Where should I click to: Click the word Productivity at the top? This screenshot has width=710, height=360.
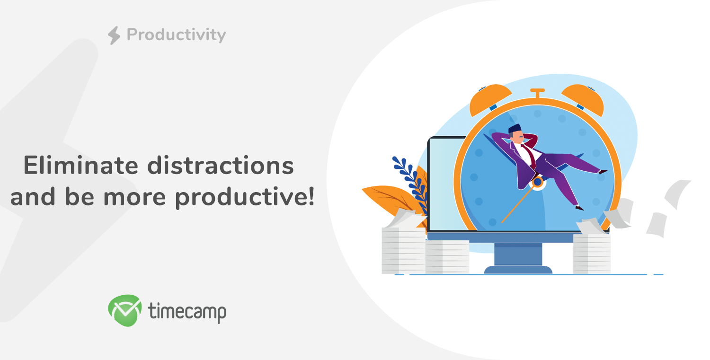click(176, 35)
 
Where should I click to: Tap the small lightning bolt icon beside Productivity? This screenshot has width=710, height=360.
click(114, 35)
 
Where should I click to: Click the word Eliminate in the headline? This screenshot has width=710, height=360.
click(81, 166)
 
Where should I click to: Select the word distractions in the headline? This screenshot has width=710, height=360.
click(221, 166)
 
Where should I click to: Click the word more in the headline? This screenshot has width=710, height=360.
click(135, 198)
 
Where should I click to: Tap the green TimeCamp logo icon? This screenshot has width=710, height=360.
click(125, 310)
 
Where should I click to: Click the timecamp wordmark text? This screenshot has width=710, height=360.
click(187, 312)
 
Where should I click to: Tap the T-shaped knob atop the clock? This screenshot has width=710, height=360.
click(538, 94)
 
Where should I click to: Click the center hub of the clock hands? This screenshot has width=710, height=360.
click(538, 182)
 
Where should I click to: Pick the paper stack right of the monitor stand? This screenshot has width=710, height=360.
click(592, 254)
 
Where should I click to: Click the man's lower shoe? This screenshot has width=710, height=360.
click(579, 208)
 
